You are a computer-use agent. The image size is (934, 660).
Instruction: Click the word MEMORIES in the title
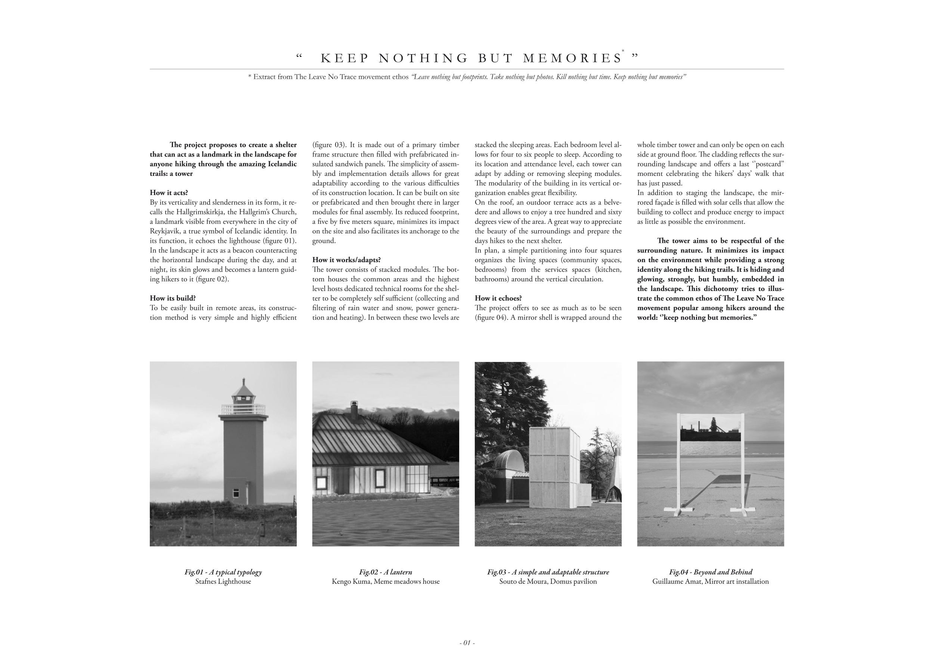pos(572,59)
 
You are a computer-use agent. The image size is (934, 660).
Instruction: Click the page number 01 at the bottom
pos(467,643)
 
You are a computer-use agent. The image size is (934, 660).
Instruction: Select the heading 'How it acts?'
pos(169,193)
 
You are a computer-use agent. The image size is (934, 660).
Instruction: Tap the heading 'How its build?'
pos(173,298)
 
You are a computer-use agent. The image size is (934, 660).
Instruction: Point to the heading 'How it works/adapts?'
pos(346,260)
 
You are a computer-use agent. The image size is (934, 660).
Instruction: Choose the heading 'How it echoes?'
pos(498,298)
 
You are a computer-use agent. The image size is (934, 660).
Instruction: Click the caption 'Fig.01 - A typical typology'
pos(223,572)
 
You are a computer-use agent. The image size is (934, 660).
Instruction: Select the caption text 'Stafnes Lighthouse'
pos(223,582)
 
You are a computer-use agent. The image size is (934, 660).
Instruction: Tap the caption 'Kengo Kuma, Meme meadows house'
pos(385,582)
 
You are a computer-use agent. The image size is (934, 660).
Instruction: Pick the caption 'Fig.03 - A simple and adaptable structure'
pos(548,572)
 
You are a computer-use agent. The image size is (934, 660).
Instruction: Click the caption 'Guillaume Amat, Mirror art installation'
pos(710,582)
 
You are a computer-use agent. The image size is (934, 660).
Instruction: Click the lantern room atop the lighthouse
pos(243,394)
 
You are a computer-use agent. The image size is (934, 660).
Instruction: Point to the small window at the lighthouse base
pos(236,493)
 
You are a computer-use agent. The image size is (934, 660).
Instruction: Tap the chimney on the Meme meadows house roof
pos(354,409)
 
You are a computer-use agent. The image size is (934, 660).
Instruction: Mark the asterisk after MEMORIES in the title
pos(623,51)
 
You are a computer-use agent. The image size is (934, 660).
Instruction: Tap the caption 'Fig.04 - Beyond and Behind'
pos(710,572)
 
